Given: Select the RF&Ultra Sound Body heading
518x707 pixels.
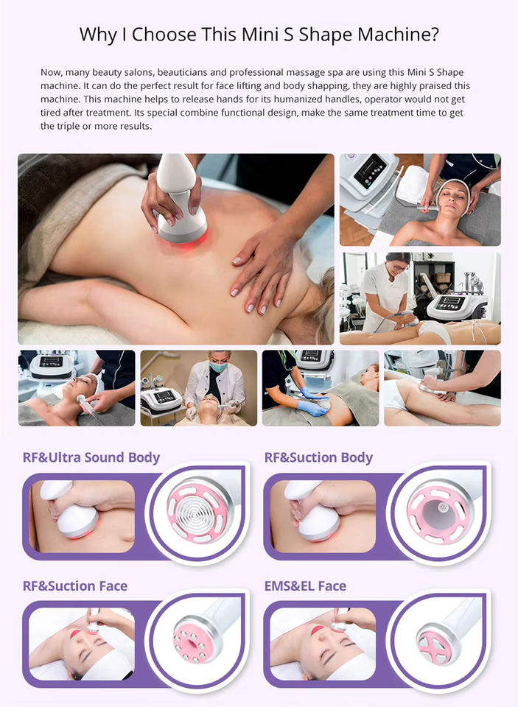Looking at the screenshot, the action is pos(91,457).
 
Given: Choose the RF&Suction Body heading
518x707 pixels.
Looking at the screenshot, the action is pos(318,457).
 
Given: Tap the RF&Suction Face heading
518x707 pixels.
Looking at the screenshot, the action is pos(75,586).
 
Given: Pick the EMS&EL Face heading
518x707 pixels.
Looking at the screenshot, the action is pos(306,586).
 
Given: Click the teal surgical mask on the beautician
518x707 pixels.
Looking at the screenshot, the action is pos(219,367).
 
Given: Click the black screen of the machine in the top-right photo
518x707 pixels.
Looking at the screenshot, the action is pos(370,171).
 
